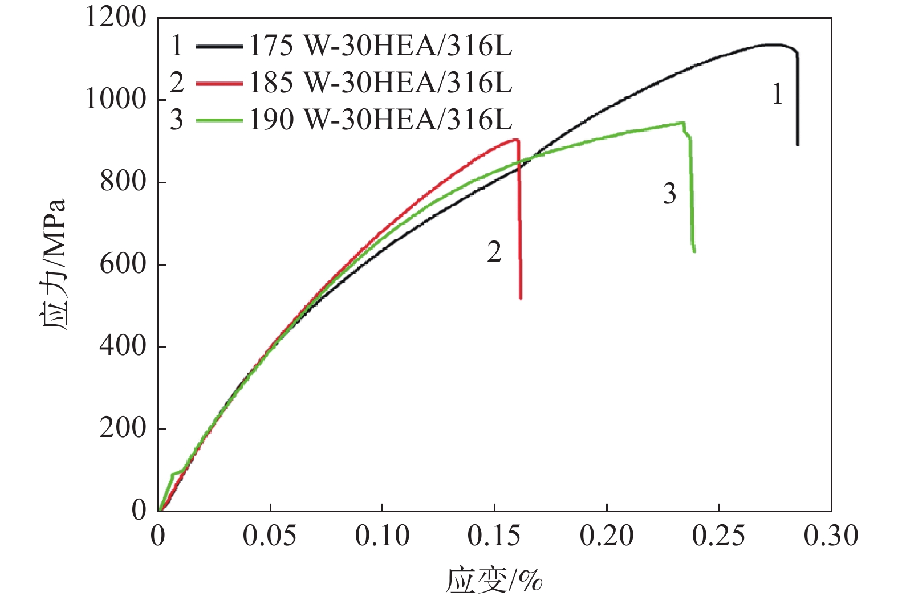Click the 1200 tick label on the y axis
[x=116, y=17]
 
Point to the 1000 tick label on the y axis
[x=116, y=100]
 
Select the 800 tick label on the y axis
[x=123, y=182]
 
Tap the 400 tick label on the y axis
[x=123, y=346]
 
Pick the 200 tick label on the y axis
[x=123, y=428]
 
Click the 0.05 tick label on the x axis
[x=269, y=536]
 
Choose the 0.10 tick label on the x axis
[x=382, y=536]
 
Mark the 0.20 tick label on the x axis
[x=607, y=536]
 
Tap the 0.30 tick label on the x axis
[x=831, y=536]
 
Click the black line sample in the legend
[x=219, y=47]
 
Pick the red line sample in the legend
[x=219, y=84]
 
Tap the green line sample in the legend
[x=219, y=120]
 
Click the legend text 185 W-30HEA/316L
[x=380, y=83]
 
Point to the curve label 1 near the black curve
[x=777, y=94]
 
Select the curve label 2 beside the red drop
[x=494, y=252]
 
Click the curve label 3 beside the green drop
[x=669, y=194]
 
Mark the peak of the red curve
[x=515, y=140]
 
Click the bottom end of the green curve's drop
[x=694, y=251]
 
